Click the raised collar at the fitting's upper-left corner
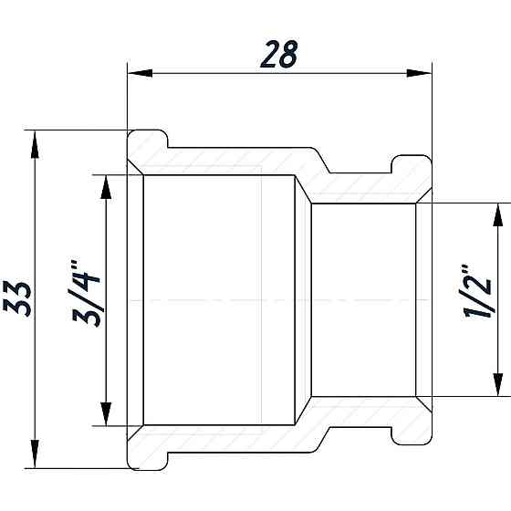click(x=146, y=144)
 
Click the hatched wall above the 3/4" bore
click(x=228, y=162)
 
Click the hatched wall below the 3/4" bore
click(x=228, y=438)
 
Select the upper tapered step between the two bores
click(x=304, y=187)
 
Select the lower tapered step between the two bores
click(x=304, y=412)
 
